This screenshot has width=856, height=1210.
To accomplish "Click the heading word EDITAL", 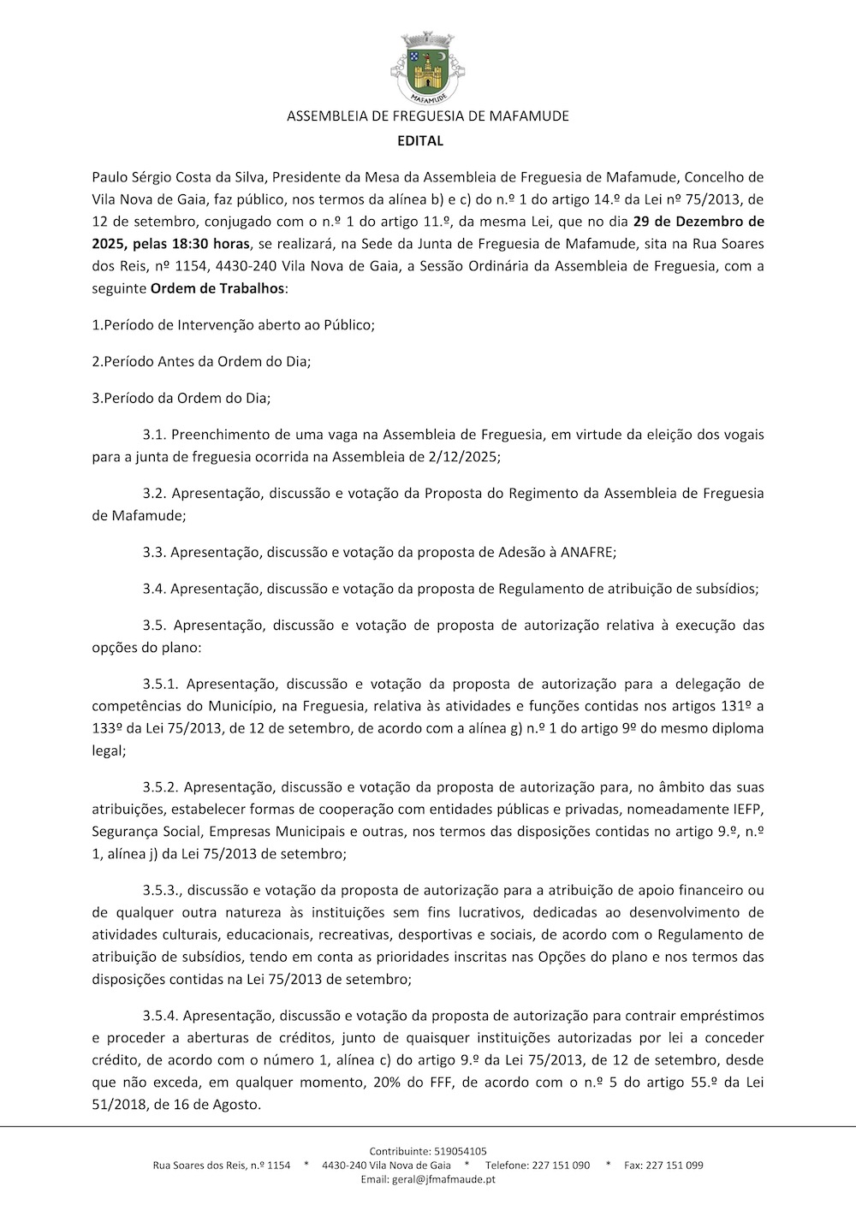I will (x=420, y=140).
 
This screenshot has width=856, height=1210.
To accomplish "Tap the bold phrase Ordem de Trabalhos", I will (x=217, y=288).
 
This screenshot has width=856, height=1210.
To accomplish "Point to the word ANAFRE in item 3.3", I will (x=587, y=552).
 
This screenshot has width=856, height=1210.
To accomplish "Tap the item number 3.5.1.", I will (x=160, y=684).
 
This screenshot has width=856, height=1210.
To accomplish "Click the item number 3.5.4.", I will (x=160, y=1016).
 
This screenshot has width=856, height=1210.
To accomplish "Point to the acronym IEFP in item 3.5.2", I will (x=748, y=809).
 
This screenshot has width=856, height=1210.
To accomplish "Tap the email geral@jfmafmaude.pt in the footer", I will (x=444, y=1179).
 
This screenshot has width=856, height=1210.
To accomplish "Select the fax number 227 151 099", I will (x=675, y=1166).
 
